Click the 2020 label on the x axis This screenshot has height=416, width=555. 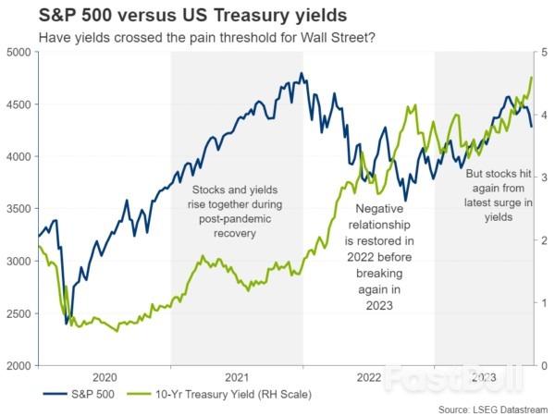[x=105, y=377]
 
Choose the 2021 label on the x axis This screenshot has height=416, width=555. [x=237, y=377]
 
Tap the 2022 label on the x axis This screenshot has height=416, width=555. [x=368, y=377]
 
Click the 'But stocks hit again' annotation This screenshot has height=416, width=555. [x=487, y=195]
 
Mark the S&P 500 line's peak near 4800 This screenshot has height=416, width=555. [x=302, y=74]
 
